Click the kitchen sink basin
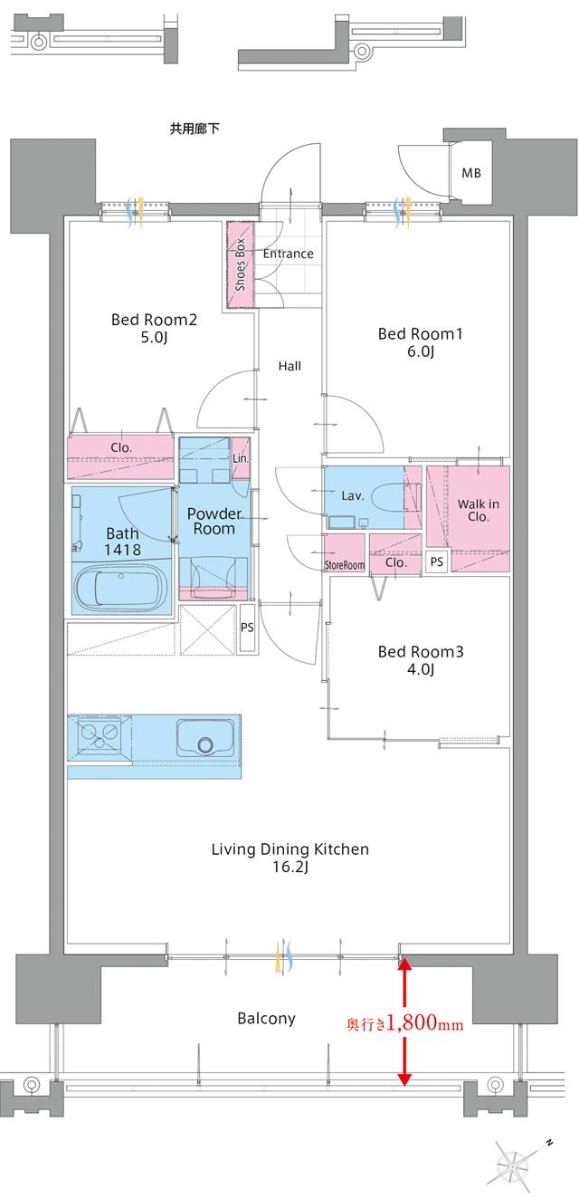tap(205, 737)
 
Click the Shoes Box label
tap(240, 264)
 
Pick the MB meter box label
tap(471, 173)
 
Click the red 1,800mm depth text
tap(404, 1023)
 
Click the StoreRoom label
tap(345, 565)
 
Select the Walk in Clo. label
tap(479, 510)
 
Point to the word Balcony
tap(266, 1018)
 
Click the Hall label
tap(289, 366)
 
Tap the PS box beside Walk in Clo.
tap(436, 561)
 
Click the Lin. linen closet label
tap(241, 459)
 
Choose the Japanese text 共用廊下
tap(195, 129)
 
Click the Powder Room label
tap(214, 522)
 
